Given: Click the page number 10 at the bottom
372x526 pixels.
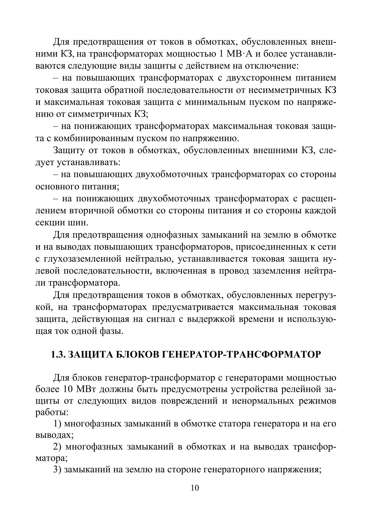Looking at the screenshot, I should (x=195, y=488).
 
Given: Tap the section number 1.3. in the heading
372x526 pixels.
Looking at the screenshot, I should (x=58, y=355).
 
